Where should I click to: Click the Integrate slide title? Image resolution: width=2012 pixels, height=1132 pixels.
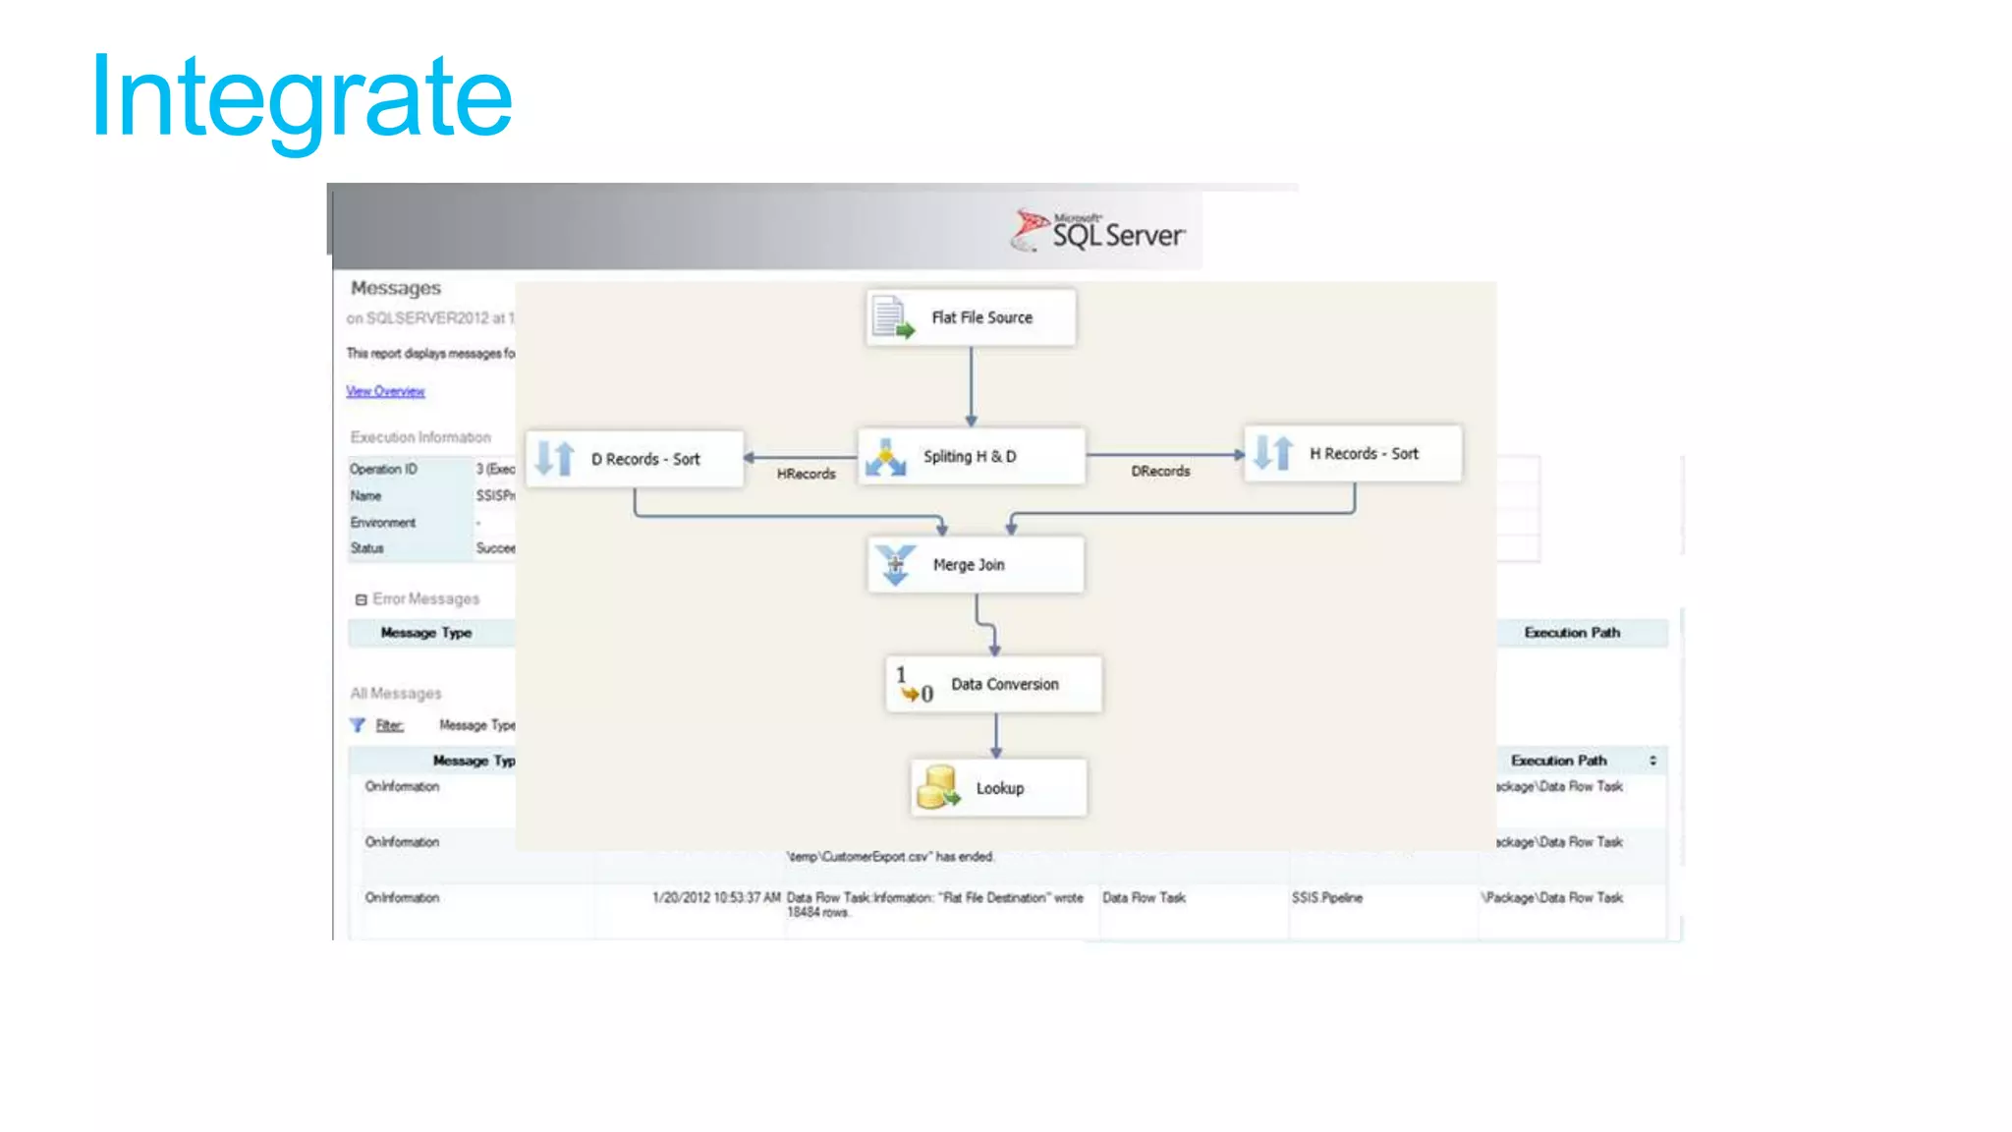pos(302,98)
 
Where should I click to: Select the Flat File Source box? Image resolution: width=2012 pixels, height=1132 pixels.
pos(971,317)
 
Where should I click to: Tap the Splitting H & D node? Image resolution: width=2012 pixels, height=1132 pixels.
pos(971,457)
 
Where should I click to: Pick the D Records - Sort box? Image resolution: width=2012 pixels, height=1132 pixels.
pos(635,459)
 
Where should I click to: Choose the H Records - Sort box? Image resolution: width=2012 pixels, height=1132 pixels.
pos(1353,454)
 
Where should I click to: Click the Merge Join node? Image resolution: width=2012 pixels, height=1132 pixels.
pos(976,565)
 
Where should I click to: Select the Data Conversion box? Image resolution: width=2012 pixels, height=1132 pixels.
pos(993,684)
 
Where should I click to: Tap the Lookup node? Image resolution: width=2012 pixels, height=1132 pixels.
pos(998,788)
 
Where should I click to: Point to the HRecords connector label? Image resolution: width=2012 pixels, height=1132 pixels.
pos(806,474)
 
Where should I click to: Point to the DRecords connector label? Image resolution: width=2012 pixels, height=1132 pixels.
pos(1160,472)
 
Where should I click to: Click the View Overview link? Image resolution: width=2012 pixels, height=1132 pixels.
pos(385,391)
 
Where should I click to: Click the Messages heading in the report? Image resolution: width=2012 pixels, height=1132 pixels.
pos(396,288)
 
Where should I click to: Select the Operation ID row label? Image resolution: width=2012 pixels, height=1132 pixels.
pos(383,470)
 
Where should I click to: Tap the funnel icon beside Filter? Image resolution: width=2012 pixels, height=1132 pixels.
pos(358,725)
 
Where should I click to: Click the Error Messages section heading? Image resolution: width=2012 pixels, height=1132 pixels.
pos(425,598)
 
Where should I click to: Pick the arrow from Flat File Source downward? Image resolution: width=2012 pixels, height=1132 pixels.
pos(971,385)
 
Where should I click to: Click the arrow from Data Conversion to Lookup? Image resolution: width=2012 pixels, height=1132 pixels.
pos(996,735)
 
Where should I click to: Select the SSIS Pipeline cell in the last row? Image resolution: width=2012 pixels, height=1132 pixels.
pos(1326,898)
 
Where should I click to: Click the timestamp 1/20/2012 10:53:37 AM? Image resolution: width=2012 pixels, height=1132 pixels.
pos(716,898)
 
